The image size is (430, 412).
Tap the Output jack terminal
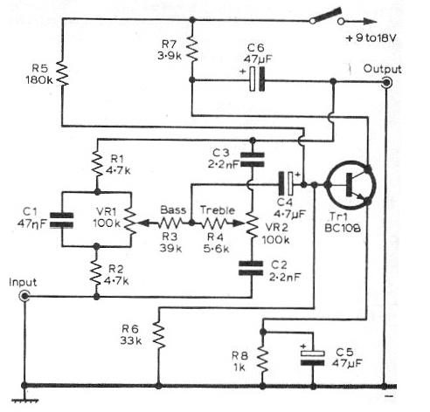[386, 83]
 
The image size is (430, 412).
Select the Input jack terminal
[24, 296]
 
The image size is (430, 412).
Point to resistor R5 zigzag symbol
[62, 73]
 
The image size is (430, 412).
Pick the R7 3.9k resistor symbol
[192, 50]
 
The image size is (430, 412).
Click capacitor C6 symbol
[258, 79]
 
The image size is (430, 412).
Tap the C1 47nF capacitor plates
[61, 220]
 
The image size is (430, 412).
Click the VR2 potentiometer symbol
[252, 224]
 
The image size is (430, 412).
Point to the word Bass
[173, 209]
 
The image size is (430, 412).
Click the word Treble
[218, 210]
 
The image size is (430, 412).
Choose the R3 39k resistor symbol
[170, 223]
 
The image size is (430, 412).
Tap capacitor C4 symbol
[286, 183]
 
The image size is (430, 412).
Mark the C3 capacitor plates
[253, 160]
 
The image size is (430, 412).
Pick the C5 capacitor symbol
[313, 358]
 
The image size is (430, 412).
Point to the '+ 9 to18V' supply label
[371, 38]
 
